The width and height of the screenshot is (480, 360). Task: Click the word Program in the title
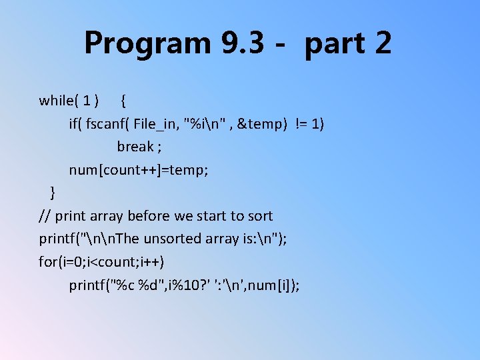pos(138,44)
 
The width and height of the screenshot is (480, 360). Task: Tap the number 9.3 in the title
pos(233,44)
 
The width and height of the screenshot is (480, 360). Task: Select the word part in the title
pos(333,44)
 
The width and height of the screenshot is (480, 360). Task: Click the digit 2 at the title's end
pos(383,44)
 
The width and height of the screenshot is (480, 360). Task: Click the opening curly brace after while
pos(125,101)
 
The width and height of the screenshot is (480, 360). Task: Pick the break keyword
pos(135,147)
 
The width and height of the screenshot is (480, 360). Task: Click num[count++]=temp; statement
pos(139,170)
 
